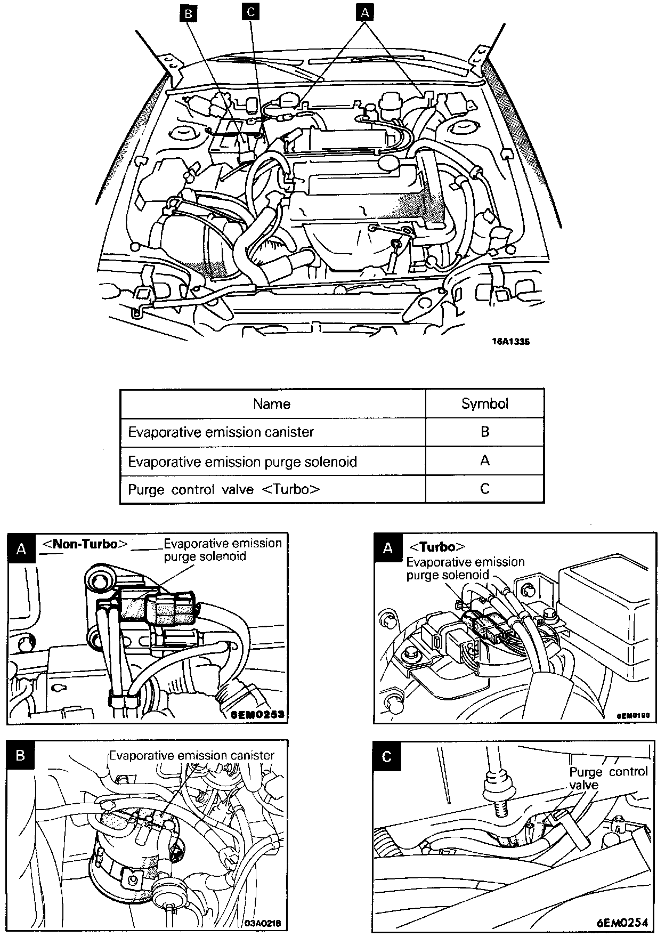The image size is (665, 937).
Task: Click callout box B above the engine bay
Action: [x=188, y=14]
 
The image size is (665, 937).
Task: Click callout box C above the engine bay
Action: [x=250, y=12]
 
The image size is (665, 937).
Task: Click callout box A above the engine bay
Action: [x=364, y=12]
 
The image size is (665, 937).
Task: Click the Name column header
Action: [x=272, y=404]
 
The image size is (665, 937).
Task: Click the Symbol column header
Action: [x=484, y=404]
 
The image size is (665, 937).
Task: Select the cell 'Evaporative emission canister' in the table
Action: [x=221, y=432]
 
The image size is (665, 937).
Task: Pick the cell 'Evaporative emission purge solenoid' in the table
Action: [x=242, y=461]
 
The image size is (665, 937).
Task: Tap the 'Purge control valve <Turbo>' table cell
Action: [x=224, y=489]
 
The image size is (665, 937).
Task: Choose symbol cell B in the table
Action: [x=484, y=432]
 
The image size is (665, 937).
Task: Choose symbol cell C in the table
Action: [x=484, y=489]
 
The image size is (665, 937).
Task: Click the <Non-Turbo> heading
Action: [x=85, y=544]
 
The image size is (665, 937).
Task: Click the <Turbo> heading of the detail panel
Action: [x=437, y=547]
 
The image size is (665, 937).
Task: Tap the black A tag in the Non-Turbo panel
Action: [x=21, y=548]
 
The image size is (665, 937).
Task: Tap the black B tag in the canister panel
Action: [x=21, y=756]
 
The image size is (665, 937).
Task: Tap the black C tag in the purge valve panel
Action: [x=387, y=756]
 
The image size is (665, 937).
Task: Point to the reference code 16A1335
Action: [x=510, y=342]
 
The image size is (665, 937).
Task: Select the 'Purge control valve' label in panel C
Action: [x=608, y=778]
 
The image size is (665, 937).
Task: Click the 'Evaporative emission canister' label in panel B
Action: [x=192, y=755]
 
